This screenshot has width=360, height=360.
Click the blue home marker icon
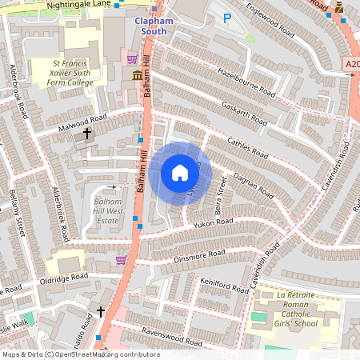(180, 173)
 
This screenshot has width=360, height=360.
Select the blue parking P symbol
(226, 18)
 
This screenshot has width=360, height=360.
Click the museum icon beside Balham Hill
(137, 74)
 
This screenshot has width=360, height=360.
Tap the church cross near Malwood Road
(86, 134)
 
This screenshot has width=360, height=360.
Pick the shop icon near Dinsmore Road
(121, 259)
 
